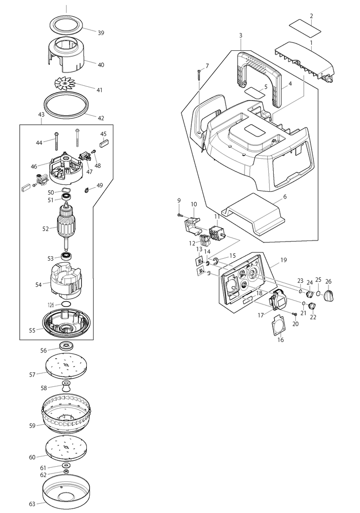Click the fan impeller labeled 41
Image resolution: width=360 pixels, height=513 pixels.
click(65, 83)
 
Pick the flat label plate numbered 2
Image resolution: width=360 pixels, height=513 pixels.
click(305, 28)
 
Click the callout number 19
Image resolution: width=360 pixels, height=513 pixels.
click(284, 260)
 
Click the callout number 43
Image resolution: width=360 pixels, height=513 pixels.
click(41, 115)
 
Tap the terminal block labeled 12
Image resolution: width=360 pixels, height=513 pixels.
click(204, 241)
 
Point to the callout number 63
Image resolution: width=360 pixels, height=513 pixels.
click(32, 504)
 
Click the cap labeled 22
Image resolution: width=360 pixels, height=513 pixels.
click(312, 306)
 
